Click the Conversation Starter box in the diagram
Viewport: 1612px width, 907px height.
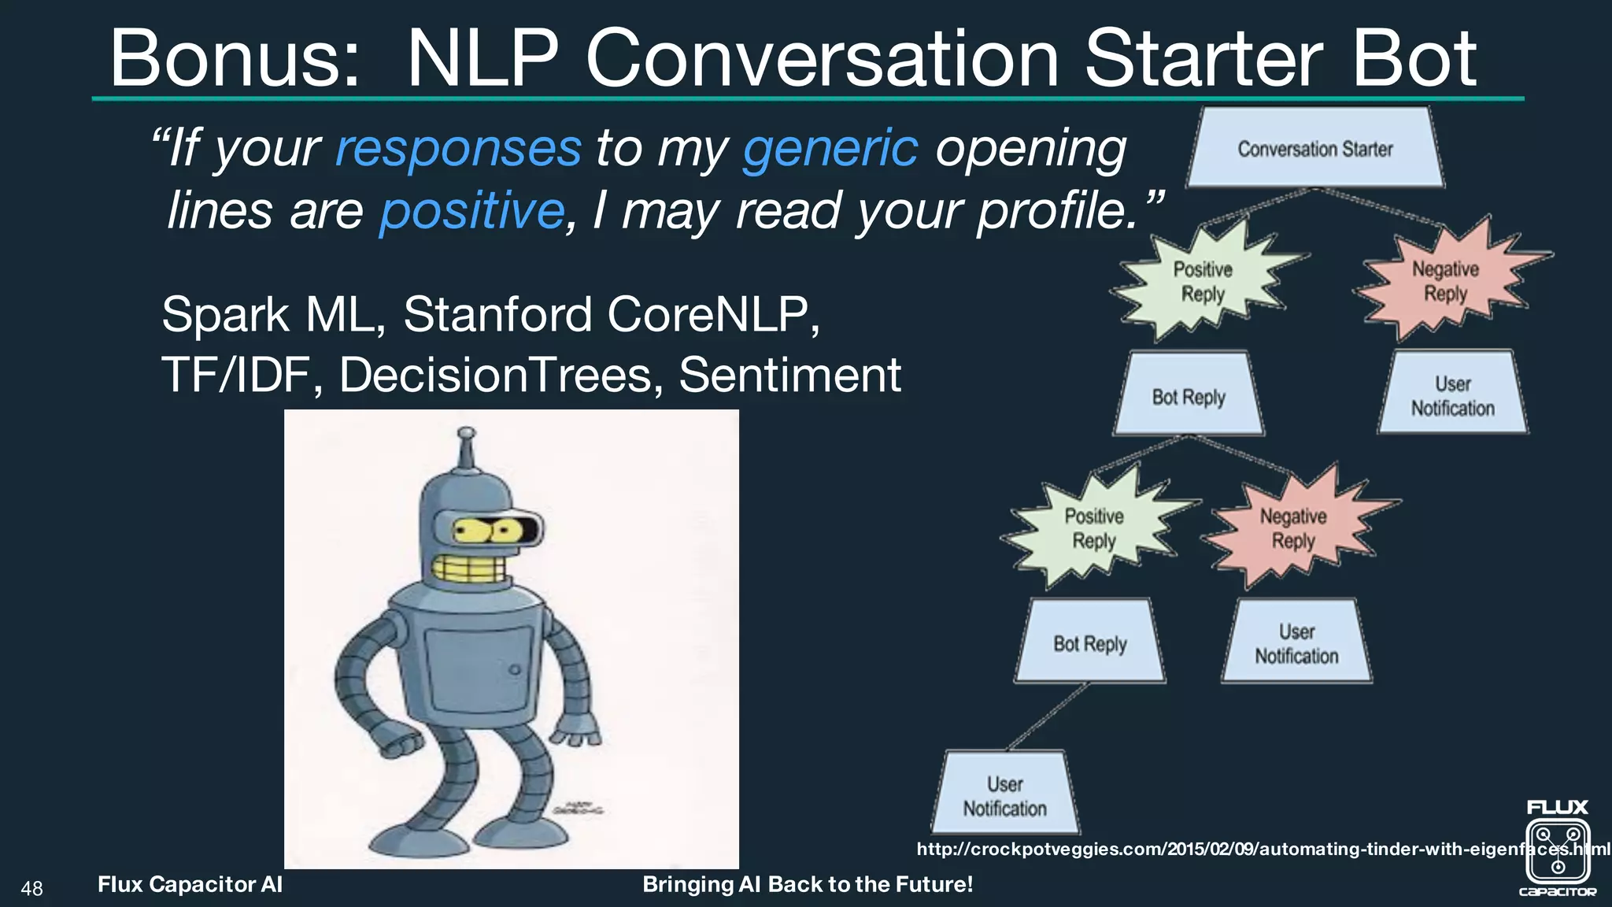click(1314, 149)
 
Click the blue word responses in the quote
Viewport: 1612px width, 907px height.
click(458, 148)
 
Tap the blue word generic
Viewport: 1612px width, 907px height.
click(830, 148)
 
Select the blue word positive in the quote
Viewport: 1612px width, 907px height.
click(471, 210)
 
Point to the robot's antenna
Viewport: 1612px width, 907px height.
click(467, 449)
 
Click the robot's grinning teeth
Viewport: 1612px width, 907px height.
click(470, 568)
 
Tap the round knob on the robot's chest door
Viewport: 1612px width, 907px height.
click(514, 670)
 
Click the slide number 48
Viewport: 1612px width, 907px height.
click(32, 889)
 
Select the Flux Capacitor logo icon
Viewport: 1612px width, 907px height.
click(1558, 850)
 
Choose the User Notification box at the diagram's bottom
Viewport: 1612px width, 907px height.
click(1005, 795)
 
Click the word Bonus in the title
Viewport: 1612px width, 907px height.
click(235, 58)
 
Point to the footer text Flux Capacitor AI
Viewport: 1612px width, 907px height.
click(190, 884)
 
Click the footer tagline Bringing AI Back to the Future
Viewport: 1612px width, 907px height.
click(808, 884)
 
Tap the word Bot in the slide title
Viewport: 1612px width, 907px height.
click(1413, 58)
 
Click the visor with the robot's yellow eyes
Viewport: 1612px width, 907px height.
click(487, 530)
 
